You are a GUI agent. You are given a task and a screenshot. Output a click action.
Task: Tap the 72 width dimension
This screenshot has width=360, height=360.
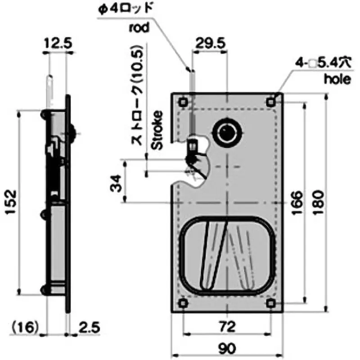click(x=228, y=327)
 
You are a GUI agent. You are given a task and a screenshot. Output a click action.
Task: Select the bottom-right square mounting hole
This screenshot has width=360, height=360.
click(x=271, y=303)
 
